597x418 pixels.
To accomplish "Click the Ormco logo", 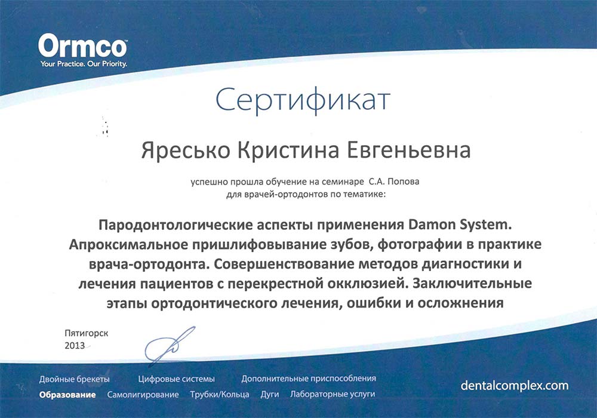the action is tap(82, 46).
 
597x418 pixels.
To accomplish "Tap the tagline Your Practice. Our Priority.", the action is tap(84, 64).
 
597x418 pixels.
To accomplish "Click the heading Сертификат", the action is tap(303, 100).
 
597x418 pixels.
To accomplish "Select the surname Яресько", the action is tap(186, 150).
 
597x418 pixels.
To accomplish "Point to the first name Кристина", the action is tap(288, 150).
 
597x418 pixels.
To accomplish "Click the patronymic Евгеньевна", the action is tap(408, 150).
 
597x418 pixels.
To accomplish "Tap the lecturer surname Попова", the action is tap(403, 182).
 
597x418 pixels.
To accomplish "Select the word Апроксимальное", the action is tap(128, 245).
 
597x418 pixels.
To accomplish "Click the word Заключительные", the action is tap(472, 284).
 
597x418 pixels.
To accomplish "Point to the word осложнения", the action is tap(461, 303).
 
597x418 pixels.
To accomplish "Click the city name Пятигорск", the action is tap(87, 333).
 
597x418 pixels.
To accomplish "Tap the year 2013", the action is tap(75, 346).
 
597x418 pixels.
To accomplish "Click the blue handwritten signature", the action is tap(169, 344).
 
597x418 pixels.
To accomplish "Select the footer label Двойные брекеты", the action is tap(74, 379).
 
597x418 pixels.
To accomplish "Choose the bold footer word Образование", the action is tap(67, 395).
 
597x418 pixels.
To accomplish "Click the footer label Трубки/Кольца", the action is tap(220, 395).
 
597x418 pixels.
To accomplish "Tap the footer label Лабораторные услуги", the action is tap(333, 394).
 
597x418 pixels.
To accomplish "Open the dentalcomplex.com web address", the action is tap(515, 386).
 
